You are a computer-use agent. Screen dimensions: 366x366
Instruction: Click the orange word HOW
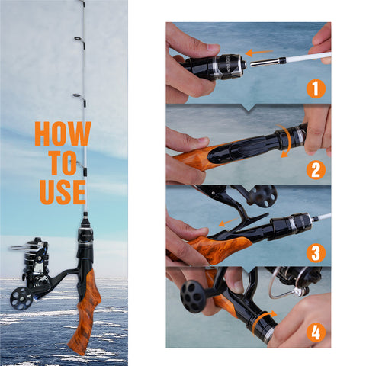pos(63,133)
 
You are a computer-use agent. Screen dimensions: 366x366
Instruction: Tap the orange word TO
pos(63,163)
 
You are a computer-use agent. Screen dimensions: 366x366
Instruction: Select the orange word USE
pos(63,192)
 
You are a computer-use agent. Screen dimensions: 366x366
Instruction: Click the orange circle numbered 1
pos(316,89)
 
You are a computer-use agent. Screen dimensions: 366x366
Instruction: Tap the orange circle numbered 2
pos(316,170)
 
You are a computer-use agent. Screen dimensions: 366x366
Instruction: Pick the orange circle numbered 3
pos(316,253)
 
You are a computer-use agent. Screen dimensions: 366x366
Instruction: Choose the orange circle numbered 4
pos(316,332)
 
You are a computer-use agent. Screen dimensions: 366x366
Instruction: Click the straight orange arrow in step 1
pos(259,53)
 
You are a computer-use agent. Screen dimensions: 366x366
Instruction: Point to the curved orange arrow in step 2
pos(287,141)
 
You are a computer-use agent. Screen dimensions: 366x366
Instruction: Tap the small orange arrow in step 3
pos(228,222)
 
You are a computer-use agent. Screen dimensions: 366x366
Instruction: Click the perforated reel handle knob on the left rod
pos(21,298)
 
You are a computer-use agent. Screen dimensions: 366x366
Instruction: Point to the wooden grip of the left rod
pos(85,313)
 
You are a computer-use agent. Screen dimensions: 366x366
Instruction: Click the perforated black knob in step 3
pos(263,196)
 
